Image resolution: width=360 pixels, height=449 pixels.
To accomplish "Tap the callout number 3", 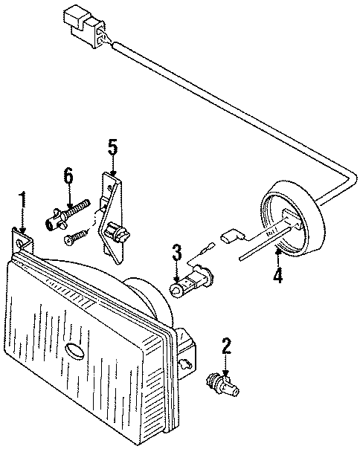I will coord(177,253).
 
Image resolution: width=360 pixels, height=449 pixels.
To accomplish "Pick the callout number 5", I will coord(112,146).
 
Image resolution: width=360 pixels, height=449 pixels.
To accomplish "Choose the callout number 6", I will coord(68,177).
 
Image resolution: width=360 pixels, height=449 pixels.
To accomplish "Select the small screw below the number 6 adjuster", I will coord(74,238).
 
